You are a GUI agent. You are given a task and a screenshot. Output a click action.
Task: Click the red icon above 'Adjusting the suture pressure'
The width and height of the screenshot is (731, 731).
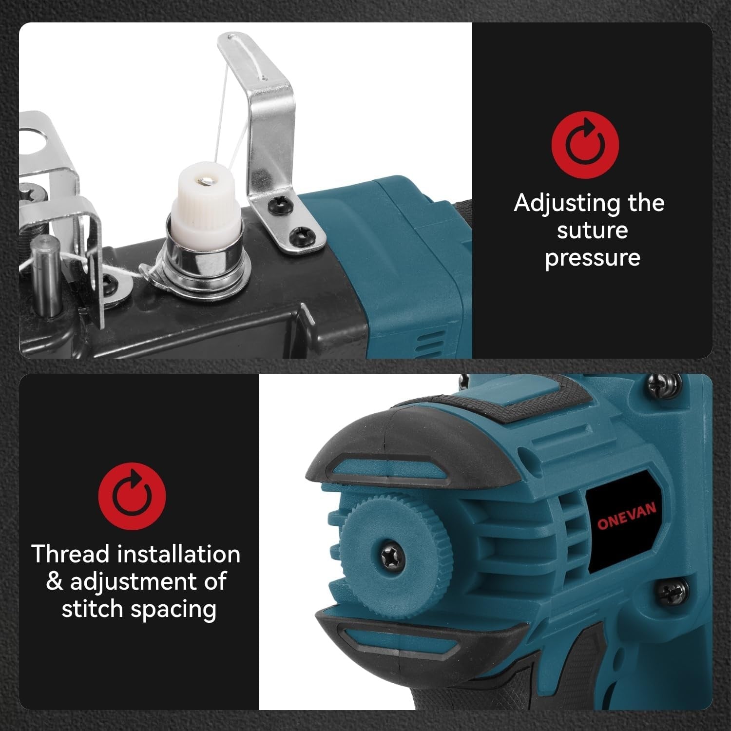585,145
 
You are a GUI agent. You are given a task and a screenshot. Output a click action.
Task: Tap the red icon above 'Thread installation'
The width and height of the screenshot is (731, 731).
132,496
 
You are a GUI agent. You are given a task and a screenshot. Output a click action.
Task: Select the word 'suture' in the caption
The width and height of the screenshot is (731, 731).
592,231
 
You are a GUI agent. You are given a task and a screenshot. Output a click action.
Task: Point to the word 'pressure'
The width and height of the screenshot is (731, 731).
593,258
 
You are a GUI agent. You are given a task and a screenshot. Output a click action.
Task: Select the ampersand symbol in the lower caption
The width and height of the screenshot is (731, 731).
55,582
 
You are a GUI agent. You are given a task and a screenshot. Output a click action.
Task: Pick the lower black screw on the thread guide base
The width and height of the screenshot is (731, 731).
299,237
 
